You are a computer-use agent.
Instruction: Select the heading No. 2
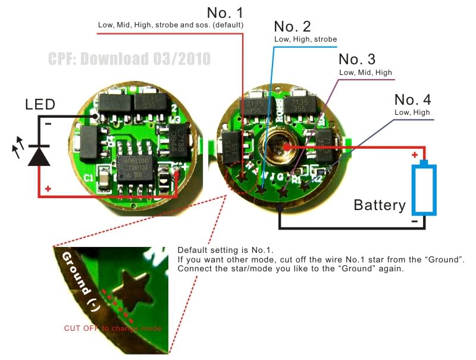293,27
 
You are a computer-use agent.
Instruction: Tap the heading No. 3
357,60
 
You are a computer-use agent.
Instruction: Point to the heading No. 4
412,99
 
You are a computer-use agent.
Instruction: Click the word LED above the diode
40,105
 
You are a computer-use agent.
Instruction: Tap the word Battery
380,206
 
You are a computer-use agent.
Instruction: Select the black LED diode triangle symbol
39,156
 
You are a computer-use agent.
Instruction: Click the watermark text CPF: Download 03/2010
129,59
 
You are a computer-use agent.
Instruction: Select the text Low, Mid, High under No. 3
366,73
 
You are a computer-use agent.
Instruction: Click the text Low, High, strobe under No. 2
305,39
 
